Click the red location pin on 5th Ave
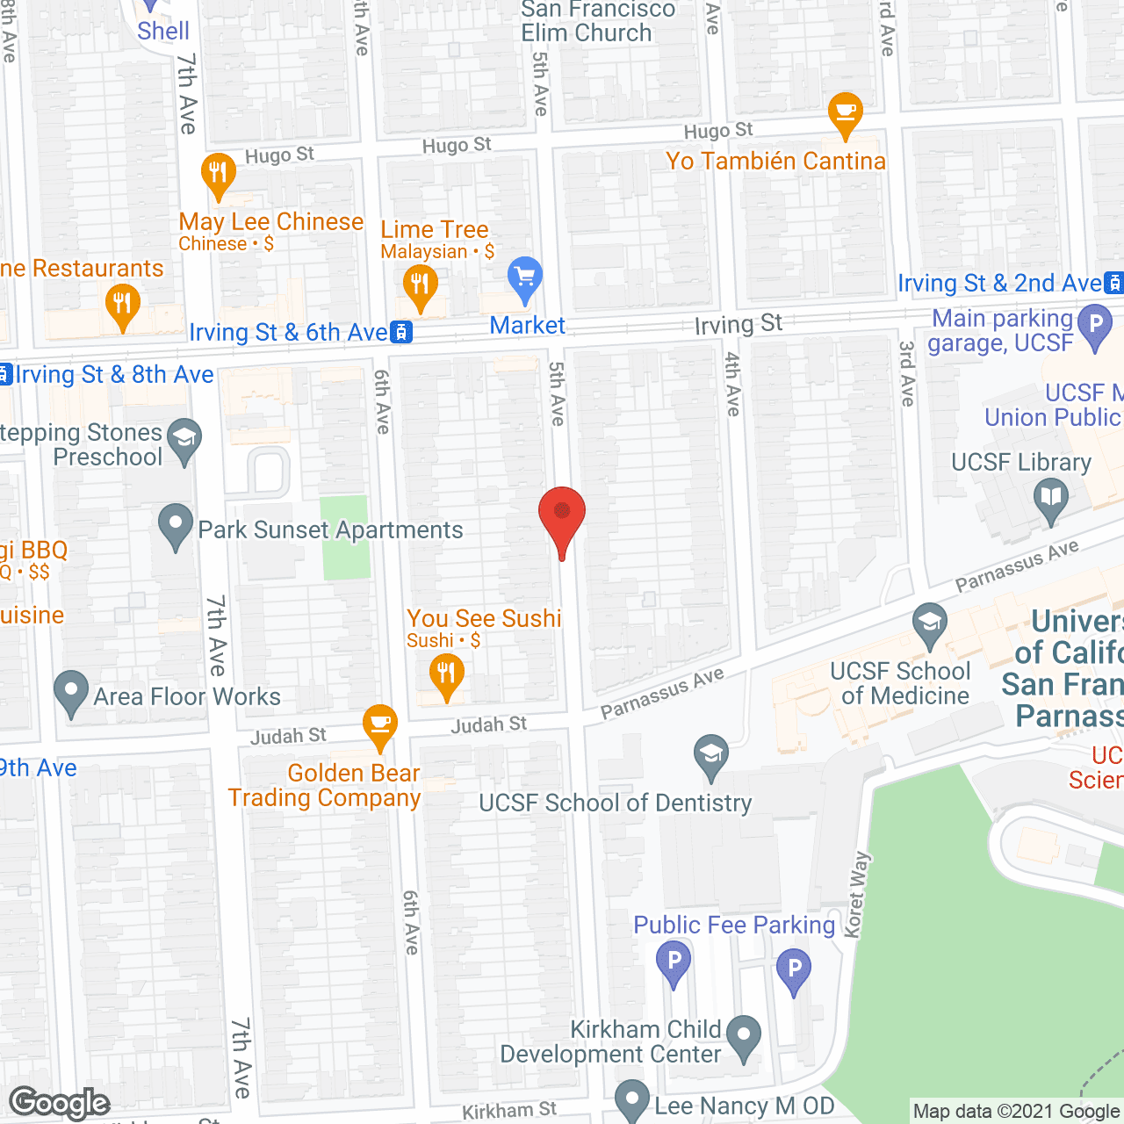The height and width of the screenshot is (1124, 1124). [x=562, y=514]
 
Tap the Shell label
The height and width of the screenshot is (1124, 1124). [x=163, y=31]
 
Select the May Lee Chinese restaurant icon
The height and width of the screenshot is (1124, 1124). [x=218, y=173]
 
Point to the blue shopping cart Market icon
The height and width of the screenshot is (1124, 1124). [x=525, y=278]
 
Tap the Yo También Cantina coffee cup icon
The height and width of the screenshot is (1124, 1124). [x=846, y=112]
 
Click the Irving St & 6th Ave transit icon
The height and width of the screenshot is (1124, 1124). [x=401, y=332]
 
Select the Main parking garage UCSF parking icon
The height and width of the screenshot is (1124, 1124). [x=1095, y=324]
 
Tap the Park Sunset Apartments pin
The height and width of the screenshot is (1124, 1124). [x=176, y=524]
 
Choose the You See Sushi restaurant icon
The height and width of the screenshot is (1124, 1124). [x=447, y=674]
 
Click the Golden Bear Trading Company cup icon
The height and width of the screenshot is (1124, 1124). [x=380, y=724]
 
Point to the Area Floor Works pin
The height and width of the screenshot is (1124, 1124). [x=71, y=692]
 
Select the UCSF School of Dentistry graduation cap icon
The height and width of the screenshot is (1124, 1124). [x=711, y=754]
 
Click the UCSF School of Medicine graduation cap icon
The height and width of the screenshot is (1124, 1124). [x=929, y=623]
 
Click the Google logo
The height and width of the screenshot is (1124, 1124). [x=60, y=1103]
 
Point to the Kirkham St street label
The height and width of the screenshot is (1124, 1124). [x=509, y=1111]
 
